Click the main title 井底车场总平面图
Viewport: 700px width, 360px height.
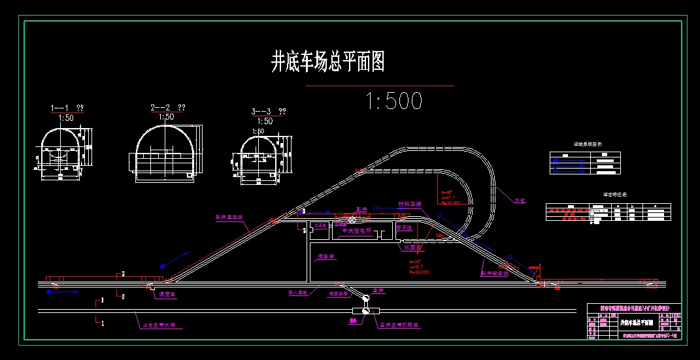pyautogui.click(x=327, y=63)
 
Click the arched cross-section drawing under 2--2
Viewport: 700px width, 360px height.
pyautogui.click(x=165, y=151)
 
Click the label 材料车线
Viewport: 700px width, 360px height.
pyautogui.click(x=410, y=205)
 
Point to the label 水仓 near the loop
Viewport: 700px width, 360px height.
pyautogui.click(x=520, y=201)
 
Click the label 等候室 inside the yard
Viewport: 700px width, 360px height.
pyautogui.click(x=322, y=257)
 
